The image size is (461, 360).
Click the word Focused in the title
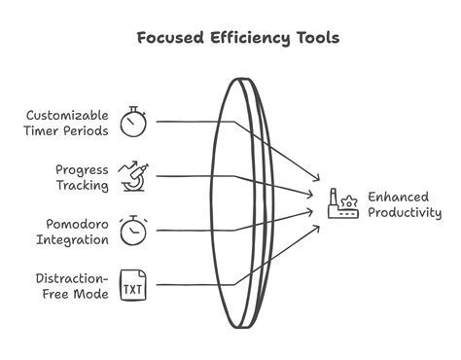click(x=170, y=39)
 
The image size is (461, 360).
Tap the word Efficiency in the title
click(x=245, y=39)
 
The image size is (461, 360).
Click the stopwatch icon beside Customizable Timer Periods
click(x=133, y=122)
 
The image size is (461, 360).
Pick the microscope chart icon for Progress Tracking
click(x=133, y=176)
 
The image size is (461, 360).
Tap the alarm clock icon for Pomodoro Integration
click(x=133, y=231)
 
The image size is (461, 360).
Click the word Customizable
click(x=67, y=115)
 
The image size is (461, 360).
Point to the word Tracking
click(x=81, y=184)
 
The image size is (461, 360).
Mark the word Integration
click(x=74, y=238)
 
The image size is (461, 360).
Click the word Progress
click(x=82, y=169)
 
